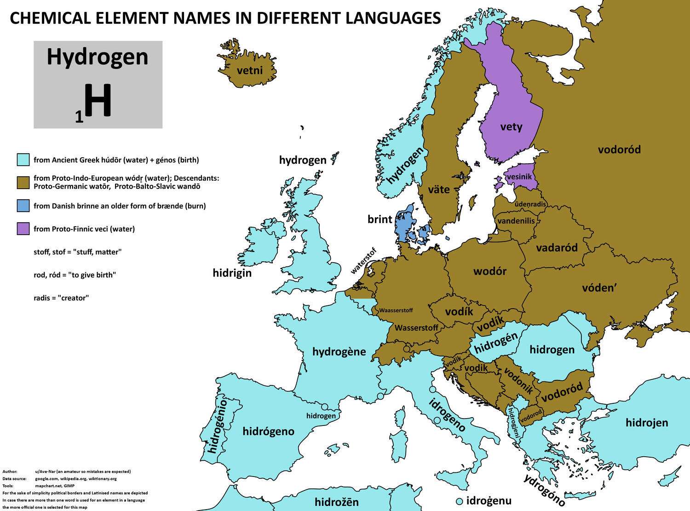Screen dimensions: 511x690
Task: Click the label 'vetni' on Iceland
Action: (250, 70)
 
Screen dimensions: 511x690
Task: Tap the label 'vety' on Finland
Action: (511, 126)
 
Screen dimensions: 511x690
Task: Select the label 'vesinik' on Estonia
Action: (519, 177)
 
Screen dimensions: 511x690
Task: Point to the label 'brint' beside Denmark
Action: (379, 219)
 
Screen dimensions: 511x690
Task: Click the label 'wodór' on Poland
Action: (490, 271)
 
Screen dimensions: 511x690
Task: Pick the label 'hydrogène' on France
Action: (339, 352)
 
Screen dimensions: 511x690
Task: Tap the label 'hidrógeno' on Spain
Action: (269, 431)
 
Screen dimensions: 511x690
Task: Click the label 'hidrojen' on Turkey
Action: (647, 423)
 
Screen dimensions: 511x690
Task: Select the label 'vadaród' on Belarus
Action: (557, 248)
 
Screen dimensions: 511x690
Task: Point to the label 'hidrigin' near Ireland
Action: (232, 273)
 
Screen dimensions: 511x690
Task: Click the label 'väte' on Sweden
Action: (439, 189)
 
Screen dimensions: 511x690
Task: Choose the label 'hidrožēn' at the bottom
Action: (336, 502)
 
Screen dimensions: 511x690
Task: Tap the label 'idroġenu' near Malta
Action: (489, 500)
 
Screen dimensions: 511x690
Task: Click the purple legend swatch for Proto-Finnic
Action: (23, 229)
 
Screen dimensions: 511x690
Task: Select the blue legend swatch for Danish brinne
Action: (23, 206)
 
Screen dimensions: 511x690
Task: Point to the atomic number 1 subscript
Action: (79, 118)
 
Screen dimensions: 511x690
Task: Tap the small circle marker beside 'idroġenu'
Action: (459, 501)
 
